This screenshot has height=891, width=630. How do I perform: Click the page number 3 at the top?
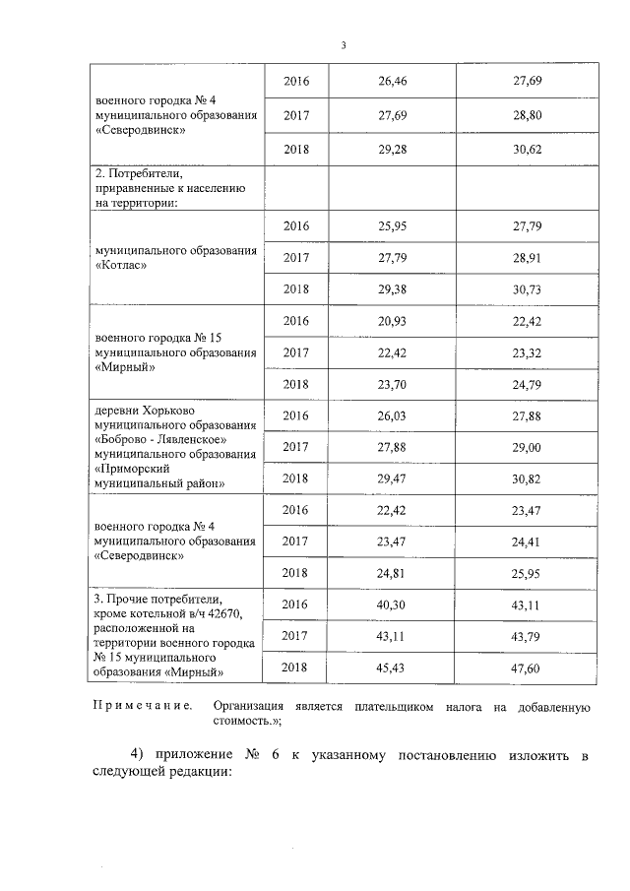[x=344, y=45]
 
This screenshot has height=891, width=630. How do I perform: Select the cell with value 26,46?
[x=393, y=80]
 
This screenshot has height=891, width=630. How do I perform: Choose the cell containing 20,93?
[x=393, y=321]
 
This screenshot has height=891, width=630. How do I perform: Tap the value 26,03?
[x=393, y=415]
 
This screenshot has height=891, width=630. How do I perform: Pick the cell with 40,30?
[x=393, y=604]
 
